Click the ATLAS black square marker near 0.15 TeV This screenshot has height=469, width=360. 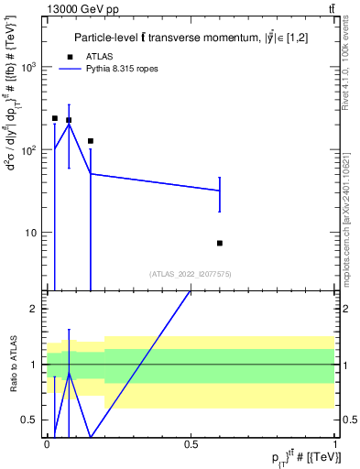tap(91, 141)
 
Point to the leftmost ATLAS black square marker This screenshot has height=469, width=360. tap(55, 118)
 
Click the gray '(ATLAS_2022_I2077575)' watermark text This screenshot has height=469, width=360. tap(190, 274)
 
